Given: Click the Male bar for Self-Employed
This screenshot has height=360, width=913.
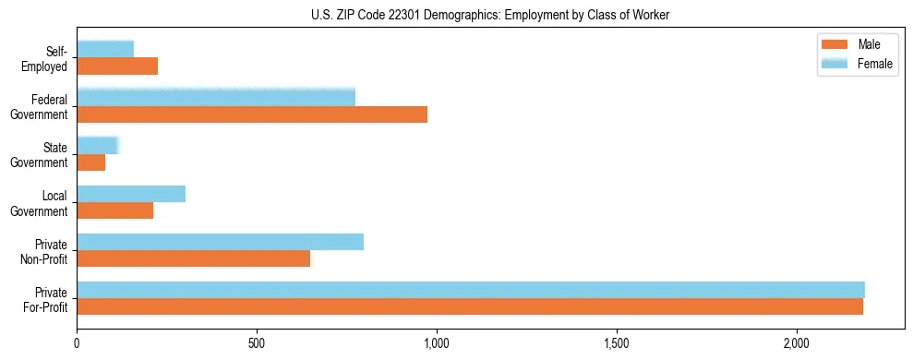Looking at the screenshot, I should (x=117, y=66).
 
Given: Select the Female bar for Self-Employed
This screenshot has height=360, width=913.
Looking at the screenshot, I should (x=105, y=49).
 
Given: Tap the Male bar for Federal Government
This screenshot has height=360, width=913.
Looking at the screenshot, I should (x=252, y=114).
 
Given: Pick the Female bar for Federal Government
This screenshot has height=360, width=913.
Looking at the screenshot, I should (x=216, y=97).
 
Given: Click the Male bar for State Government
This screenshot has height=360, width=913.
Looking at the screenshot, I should (x=91, y=162).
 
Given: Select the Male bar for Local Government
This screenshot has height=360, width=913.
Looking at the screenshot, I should (x=114, y=210).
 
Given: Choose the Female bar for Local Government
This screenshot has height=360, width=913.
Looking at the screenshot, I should (x=131, y=194).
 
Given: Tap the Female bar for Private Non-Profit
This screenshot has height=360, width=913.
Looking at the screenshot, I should (x=220, y=242).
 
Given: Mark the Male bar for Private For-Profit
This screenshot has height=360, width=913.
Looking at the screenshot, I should (x=470, y=306).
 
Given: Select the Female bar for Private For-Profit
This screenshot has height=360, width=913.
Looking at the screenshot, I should (x=471, y=290).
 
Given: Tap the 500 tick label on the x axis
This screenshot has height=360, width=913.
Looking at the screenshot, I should (x=257, y=343).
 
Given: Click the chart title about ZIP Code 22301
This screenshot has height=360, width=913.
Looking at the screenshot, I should (x=490, y=14).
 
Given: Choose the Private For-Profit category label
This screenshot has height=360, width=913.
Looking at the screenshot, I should (x=47, y=299).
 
